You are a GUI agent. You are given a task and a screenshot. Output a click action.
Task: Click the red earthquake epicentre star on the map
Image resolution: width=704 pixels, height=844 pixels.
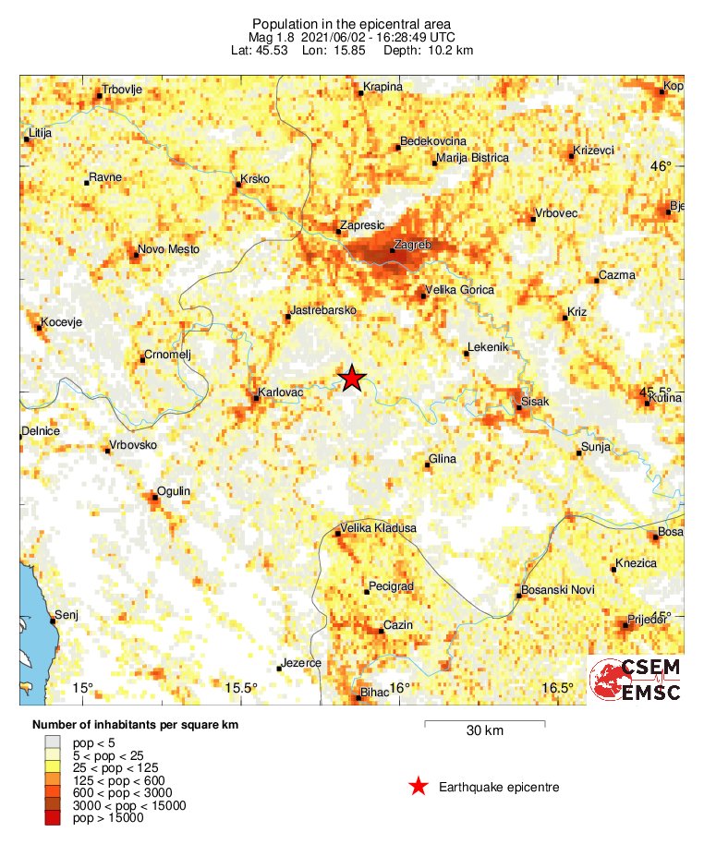352,379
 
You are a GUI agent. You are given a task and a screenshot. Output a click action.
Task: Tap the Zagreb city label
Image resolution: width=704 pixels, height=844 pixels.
412,245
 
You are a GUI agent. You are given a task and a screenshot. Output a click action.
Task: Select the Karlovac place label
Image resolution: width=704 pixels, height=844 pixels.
283,392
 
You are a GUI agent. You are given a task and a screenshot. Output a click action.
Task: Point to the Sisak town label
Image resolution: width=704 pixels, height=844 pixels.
535,402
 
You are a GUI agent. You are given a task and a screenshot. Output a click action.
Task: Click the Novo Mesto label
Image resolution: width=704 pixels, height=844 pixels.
168,249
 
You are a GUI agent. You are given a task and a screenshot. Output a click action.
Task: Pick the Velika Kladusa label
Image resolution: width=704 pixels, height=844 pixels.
379,528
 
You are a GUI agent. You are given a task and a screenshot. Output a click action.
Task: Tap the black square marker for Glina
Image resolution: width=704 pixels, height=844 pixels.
428,464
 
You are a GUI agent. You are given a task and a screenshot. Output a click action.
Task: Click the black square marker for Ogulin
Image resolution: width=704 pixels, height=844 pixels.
154,498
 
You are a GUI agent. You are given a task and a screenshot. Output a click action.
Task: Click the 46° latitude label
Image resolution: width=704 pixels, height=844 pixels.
662,166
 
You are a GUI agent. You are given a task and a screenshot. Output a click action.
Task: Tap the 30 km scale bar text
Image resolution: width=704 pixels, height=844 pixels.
484,731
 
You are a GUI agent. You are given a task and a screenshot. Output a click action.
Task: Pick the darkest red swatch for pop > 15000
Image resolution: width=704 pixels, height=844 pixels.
55,817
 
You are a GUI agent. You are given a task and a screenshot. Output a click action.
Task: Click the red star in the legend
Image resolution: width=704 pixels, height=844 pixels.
419,787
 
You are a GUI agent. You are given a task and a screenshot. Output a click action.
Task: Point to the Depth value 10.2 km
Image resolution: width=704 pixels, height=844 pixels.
452,50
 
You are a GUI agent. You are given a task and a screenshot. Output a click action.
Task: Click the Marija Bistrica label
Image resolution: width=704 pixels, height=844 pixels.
471,158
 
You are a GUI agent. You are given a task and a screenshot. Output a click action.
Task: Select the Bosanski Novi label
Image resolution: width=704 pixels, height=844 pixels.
558,590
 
